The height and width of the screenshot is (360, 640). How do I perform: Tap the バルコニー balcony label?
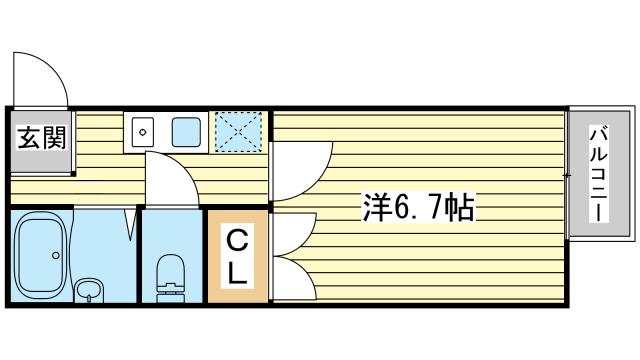(597, 174)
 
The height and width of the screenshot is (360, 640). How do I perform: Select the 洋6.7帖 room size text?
(417, 208)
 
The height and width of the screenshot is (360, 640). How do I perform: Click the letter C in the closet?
(237, 240)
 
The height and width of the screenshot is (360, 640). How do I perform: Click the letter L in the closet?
(238, 274)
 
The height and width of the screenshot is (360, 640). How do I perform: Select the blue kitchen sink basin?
(185, 132)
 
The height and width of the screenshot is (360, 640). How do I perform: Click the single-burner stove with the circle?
(142, 132)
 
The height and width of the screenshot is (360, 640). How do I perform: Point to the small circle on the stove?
(142, 131)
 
